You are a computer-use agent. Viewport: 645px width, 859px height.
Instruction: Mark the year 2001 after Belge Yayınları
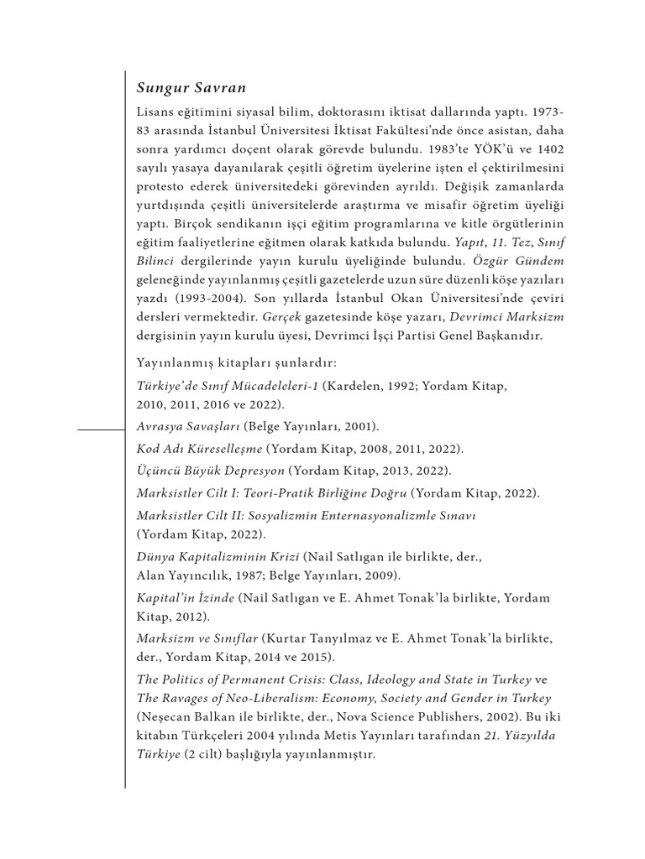[x=358, y=426]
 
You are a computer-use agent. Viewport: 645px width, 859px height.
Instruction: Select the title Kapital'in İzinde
[x=185, y=598]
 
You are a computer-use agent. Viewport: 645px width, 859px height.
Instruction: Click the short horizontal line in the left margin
[x=100, y=429]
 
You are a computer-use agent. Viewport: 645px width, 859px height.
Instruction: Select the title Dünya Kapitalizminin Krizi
[x=218, y=556]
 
